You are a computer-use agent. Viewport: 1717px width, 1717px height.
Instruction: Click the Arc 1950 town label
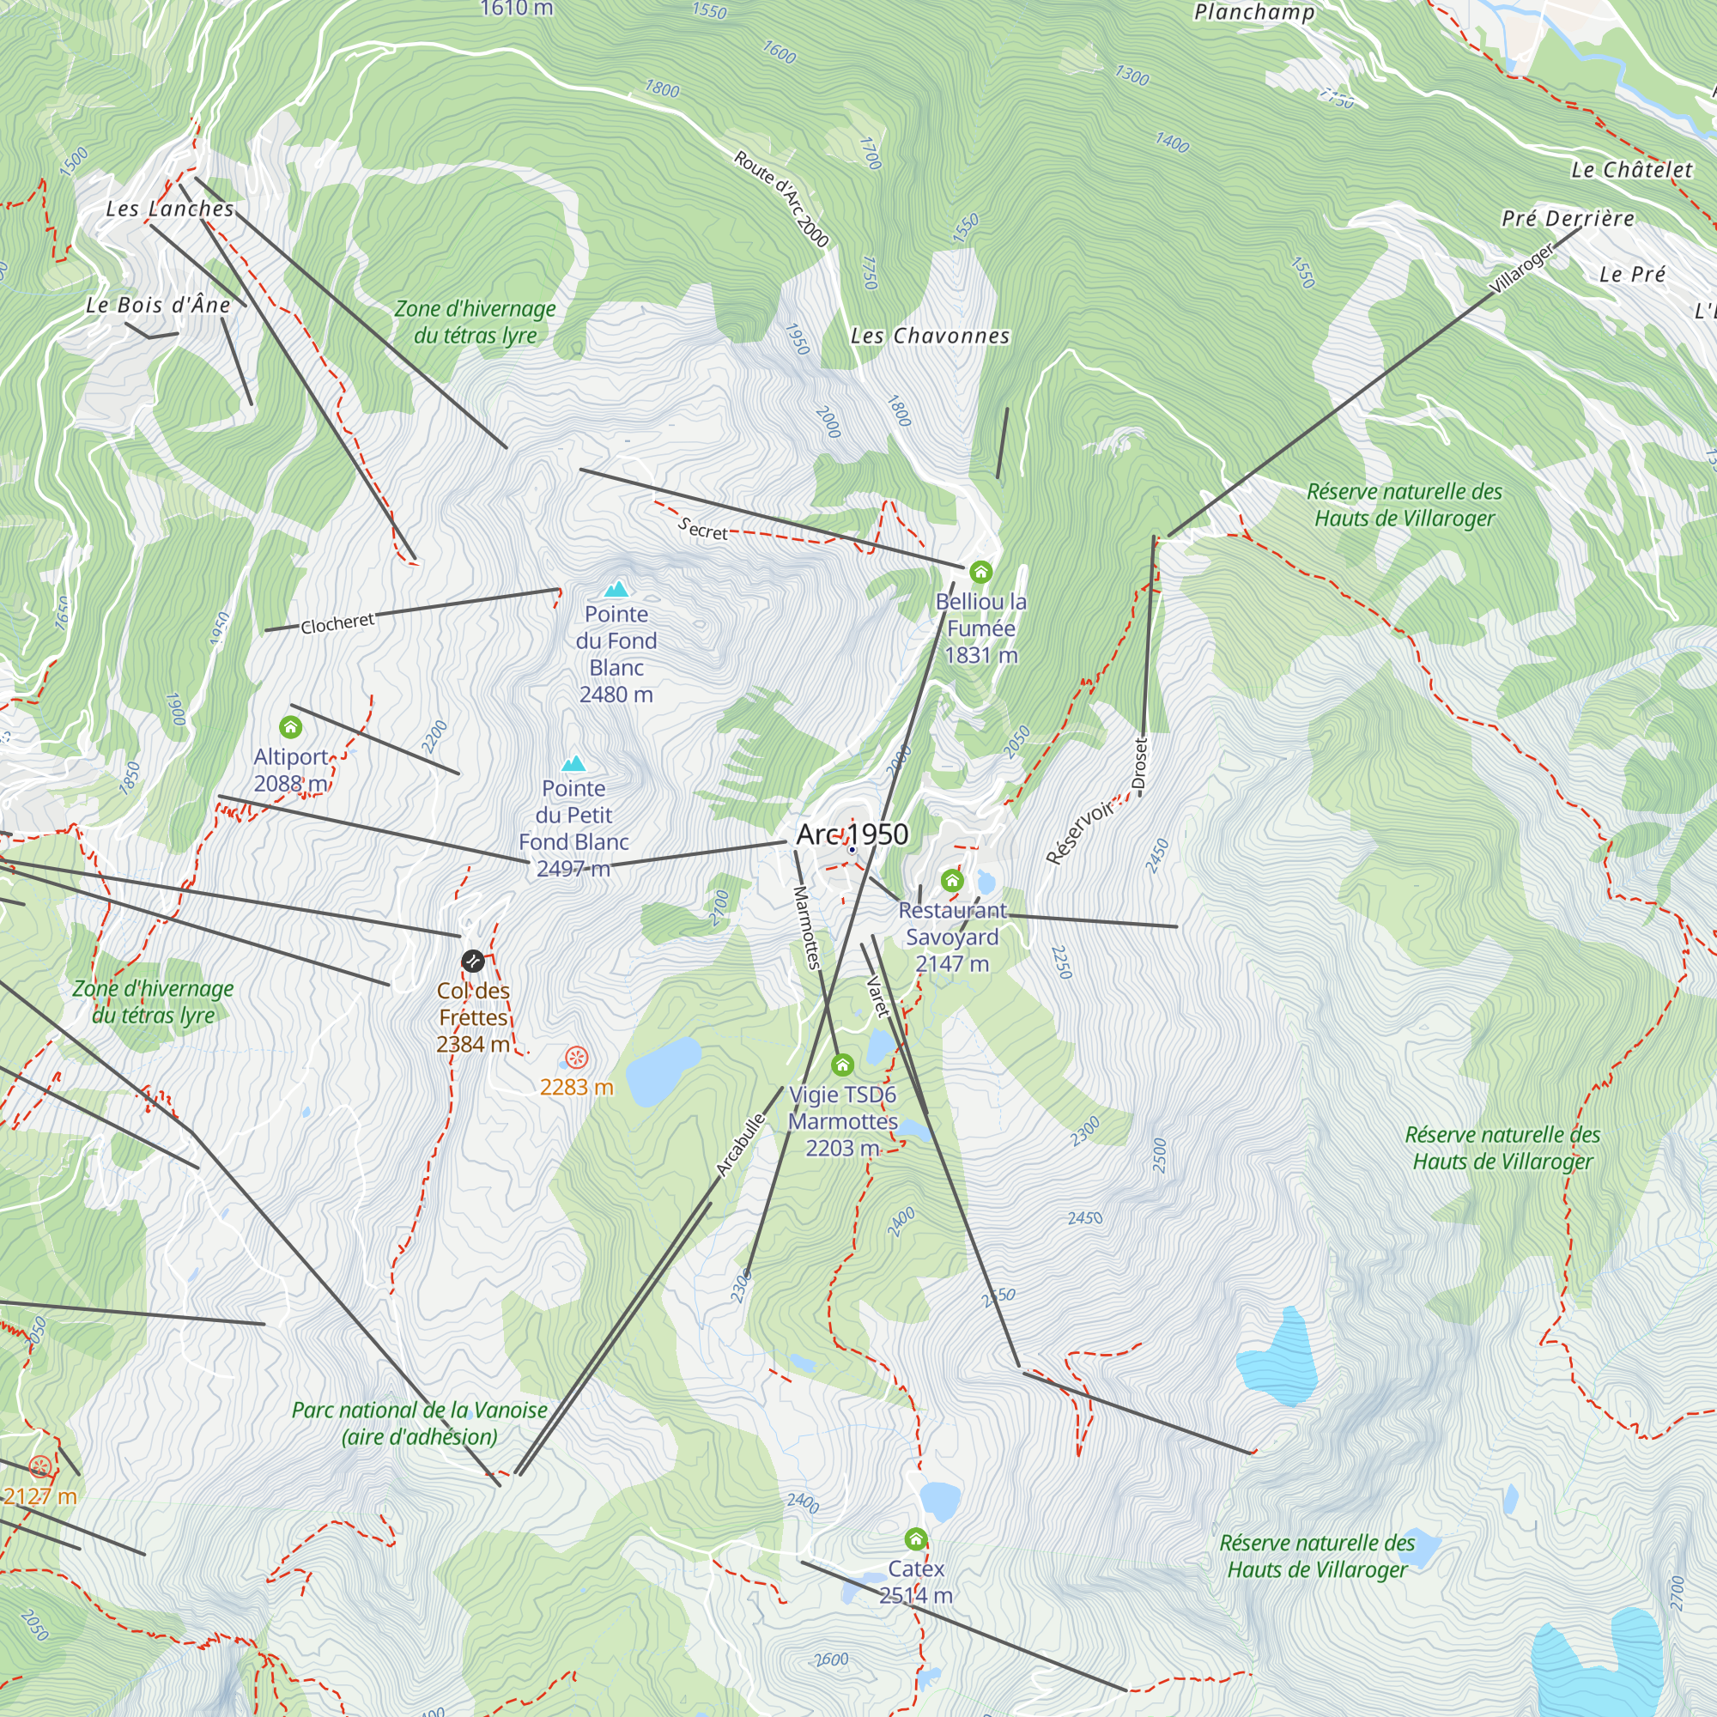click(852, 834)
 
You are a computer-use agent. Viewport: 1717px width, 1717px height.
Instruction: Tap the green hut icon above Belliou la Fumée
click(980, 572)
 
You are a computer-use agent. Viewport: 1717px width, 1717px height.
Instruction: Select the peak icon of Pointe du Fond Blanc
click(616, 589)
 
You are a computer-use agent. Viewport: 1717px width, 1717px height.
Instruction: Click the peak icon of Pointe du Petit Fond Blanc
click(573, 763)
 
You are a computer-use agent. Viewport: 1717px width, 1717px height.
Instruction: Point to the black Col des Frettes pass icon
click(473, 961)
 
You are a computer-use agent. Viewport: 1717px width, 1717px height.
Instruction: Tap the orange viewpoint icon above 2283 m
click(576, 1058)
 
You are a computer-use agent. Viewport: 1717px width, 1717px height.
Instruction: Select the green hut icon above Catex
click(915, 1538)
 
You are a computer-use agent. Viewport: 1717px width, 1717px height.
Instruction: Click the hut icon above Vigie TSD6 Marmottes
click(841, 1065)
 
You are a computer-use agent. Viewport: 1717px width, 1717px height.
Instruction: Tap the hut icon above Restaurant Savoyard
click(952, 881)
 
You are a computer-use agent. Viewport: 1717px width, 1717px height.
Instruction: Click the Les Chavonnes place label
click(930, 336)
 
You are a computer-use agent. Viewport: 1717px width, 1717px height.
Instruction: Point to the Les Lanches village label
click(170, 209)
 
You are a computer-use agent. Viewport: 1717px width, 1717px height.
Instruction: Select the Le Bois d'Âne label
click(158, 305)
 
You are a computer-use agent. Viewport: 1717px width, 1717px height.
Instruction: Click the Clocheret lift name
click(337, 623)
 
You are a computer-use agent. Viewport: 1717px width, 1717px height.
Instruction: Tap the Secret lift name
click(702, 530)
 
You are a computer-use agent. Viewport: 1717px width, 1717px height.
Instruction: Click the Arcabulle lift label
click(740, 1144)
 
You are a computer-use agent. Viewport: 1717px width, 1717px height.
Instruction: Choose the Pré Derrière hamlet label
click(1568, 219)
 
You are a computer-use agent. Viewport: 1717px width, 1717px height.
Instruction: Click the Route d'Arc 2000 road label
click(780, 198)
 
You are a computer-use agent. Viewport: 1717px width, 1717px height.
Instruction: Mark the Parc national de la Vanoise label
click(420, 1423)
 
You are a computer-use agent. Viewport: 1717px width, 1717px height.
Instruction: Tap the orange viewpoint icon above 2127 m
click(40, 1466)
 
